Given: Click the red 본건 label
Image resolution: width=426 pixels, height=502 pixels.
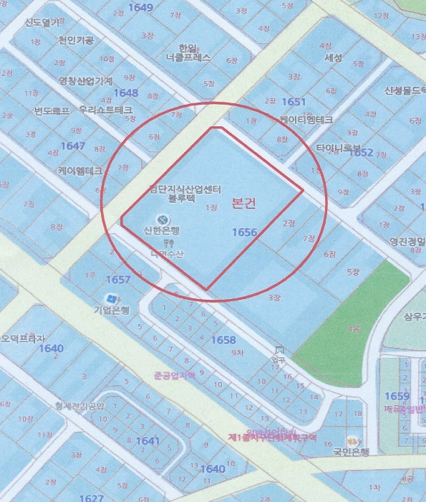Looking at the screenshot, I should click(x=243, y=204).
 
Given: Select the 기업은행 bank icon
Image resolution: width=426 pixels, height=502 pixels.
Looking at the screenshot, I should click(x=111, y=298).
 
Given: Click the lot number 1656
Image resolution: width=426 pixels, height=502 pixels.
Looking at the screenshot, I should click(x=245, y=232).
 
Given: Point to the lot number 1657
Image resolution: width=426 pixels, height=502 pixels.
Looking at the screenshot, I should click(x=118, y=279).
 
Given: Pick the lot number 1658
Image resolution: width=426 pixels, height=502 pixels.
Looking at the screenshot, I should click(x=224, y=339).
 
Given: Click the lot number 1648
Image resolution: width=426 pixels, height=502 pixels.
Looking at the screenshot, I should click(x=125, y=93).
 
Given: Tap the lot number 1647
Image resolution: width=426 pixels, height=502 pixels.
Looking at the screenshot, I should click(x=73, y=146).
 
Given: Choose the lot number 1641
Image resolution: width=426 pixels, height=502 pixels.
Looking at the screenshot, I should click(x=147, y=441).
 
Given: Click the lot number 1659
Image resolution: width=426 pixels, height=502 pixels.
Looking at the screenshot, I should click(x=397, y=397).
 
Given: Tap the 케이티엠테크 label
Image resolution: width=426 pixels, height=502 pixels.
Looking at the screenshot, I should click(x=304, y=119).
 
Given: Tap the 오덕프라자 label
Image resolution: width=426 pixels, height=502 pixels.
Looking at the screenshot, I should click(x=23, y=338).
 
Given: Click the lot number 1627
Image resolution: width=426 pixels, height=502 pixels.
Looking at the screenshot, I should click(x=92, y=498).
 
